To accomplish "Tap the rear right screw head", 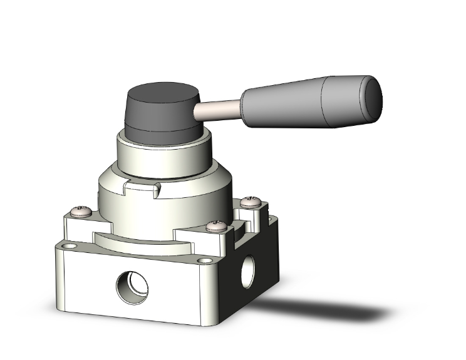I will click(x=252, y=200).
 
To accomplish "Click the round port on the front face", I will click(x=133, y=287).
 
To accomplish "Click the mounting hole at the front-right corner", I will click(x=203, y=261).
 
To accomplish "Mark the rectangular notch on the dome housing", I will click(x=142, y=186).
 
